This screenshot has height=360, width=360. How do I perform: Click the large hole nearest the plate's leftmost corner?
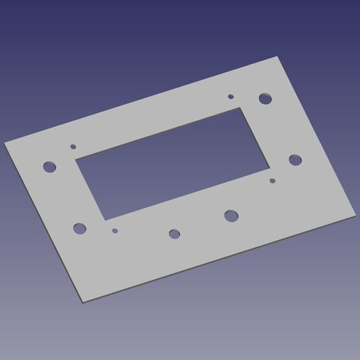coord(49,167)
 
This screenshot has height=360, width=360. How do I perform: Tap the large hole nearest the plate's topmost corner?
coord(264,98)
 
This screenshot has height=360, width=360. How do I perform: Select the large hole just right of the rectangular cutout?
coord(295,160)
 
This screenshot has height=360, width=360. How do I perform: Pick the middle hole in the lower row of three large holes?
coord(174,234)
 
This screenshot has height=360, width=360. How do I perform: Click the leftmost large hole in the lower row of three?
coord(80,227)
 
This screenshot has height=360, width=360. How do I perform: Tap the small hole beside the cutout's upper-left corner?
coord(73,147)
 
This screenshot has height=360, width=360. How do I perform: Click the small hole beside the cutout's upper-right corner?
coord(231,97)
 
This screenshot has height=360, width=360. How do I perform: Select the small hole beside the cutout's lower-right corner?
coord(272,181)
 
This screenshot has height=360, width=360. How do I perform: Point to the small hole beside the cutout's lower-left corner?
coord(115,230)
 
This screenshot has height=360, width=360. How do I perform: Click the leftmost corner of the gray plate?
coord(5,143)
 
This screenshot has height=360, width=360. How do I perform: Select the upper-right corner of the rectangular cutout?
coord(239,107)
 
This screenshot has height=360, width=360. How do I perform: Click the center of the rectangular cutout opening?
coord(172,163)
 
